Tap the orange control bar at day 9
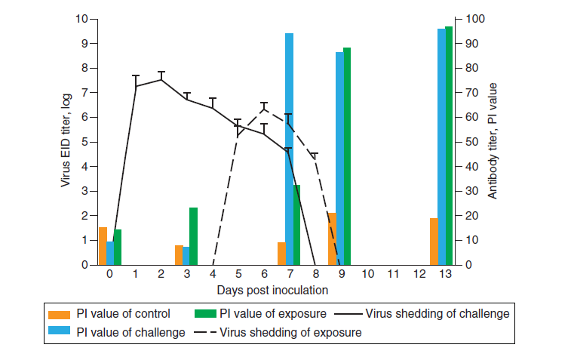pyautogui.click(x=332, y=239)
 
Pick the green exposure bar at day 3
pyautogui.click(x=193, y=236)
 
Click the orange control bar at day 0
pyautogui.click(x=103, y=246)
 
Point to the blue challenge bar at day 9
pyautogui.click(x=339, y=158)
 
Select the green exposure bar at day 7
pyautogui.click(x=297, y=225)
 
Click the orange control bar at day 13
pyautogui.click(x=434, y=242)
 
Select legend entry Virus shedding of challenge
pyautogui.click(x=437, y=314)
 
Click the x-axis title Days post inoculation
pyautogui.click(x=272, y=289)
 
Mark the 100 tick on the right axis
pyautogui.click(x=476, y=19)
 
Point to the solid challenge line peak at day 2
pyautogui.click(x=161, y=79)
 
